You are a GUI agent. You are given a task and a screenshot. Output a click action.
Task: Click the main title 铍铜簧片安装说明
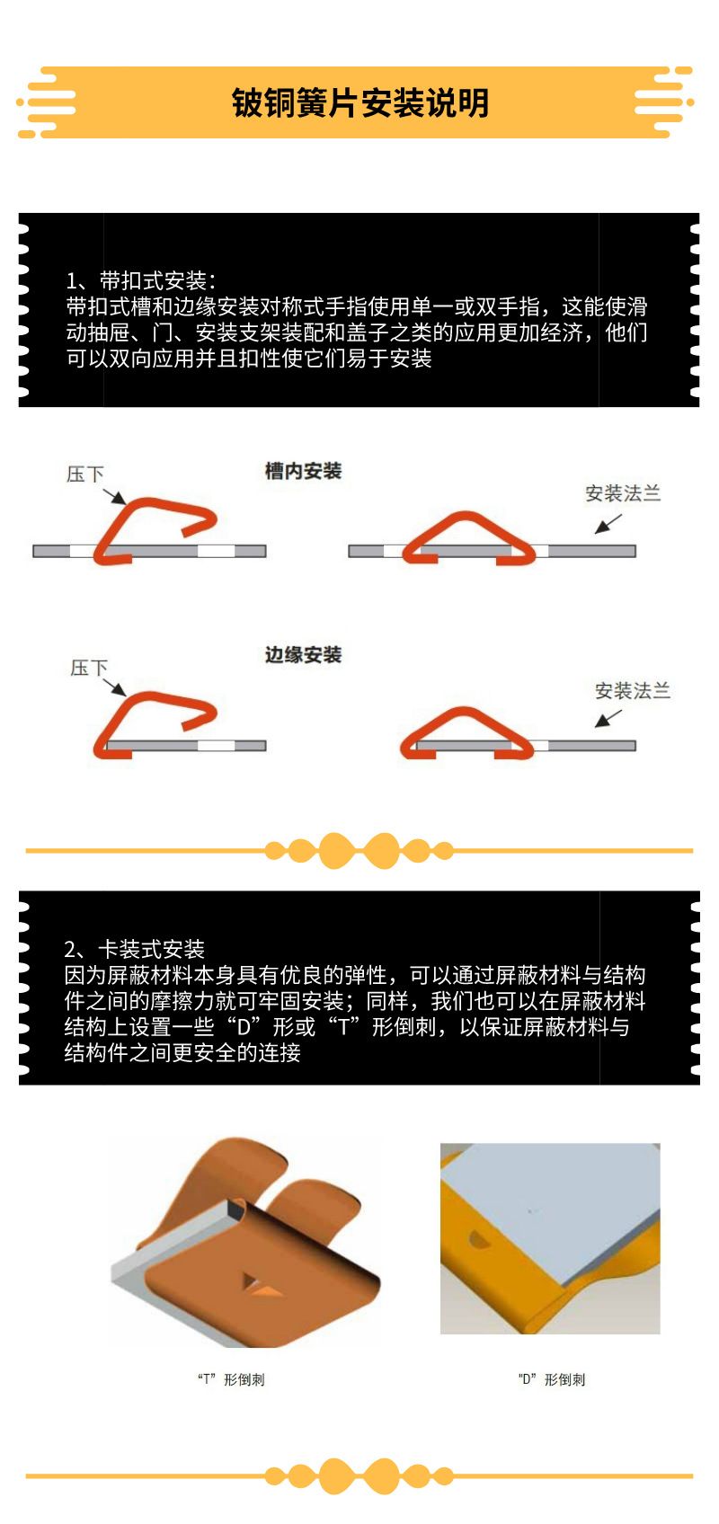pos(359,102)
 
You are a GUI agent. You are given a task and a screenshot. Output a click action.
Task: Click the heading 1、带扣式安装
pos(141,280)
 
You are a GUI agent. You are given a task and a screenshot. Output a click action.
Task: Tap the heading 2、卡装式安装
pos(135,949)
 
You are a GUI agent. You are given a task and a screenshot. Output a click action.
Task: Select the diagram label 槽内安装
pos(304,471)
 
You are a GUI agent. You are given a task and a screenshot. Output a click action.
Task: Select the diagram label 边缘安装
pos(304,654)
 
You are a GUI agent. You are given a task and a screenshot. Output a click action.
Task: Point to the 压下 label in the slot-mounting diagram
pos(85,474)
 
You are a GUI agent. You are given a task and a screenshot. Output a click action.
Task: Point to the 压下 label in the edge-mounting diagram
pos(89,668)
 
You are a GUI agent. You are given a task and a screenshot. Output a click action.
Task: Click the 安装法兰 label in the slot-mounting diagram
pos(623,493)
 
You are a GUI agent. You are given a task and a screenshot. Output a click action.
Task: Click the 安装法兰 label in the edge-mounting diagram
pos(633,690)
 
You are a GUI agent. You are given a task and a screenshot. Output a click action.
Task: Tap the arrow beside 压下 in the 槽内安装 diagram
pos(115,496)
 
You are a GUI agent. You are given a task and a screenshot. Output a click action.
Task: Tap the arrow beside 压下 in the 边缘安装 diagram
pos(115,687)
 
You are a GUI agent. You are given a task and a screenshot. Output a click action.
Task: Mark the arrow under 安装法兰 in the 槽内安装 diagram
pos(608,524)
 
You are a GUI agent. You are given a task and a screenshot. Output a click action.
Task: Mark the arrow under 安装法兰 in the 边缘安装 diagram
pos(608,719)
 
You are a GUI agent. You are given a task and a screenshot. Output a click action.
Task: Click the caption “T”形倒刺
pos(231,1379)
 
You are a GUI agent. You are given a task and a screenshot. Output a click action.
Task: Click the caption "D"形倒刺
pos(552,1379)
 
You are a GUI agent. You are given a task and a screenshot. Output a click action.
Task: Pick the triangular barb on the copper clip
pos(261,1282)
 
